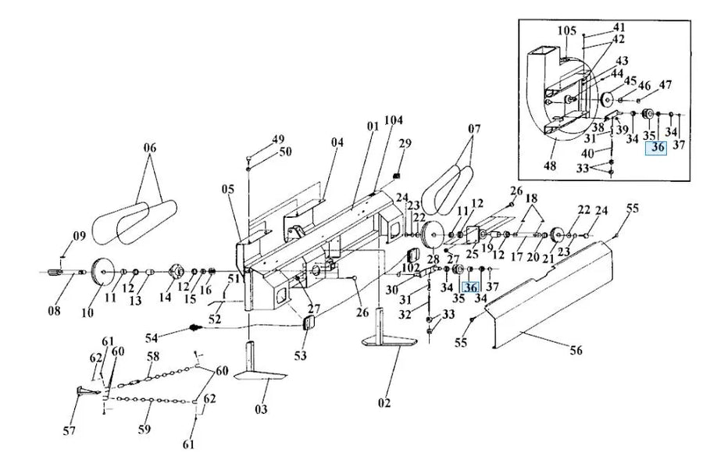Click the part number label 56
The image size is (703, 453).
(576, 350)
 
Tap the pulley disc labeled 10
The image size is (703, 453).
(102, 273)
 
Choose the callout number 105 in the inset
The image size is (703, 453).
(567, 31)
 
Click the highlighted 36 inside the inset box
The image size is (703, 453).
(656, 148)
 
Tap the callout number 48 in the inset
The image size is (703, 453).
(550, 166)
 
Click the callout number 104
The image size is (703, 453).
(393, 119)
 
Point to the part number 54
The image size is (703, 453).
(152, 337)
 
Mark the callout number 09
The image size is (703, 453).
(80, 235)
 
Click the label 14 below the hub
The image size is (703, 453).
(166, 297)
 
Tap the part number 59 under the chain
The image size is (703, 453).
(145, 430)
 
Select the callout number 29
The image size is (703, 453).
(405, 144)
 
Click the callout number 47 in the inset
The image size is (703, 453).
(665, 85)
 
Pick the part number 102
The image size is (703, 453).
(410, 268)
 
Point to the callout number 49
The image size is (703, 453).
(278, 140)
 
